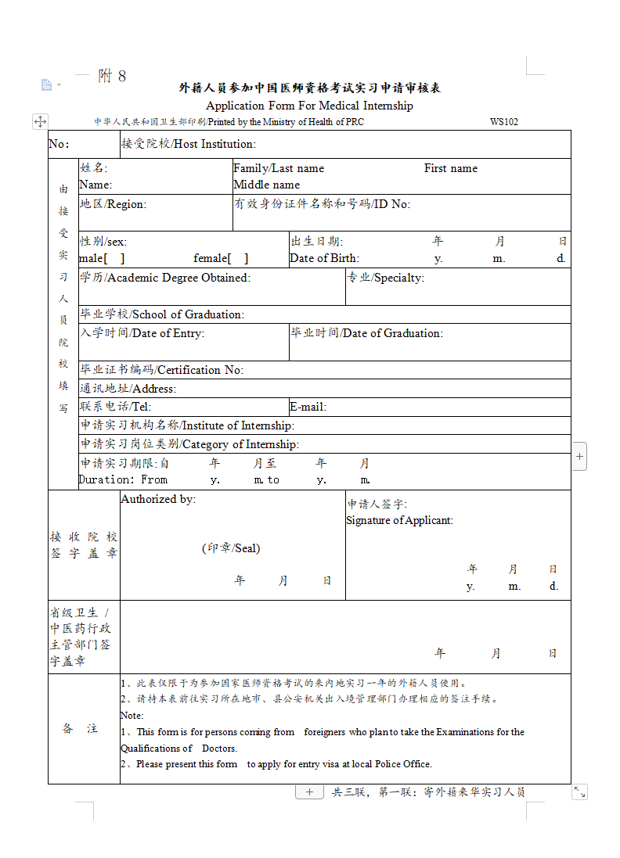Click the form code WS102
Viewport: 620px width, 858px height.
coord(503,122)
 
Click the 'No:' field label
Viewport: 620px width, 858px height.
coord(59,144)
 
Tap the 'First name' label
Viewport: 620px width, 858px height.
coord(450,168)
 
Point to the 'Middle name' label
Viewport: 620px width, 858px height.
coord(266,185)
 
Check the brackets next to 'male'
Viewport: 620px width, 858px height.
coord(114,258)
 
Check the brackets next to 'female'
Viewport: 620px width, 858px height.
coord(238,258)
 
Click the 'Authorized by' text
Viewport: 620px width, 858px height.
coord(158,499)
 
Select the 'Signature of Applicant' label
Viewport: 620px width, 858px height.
coord(399,520)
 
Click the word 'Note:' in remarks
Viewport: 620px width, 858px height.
coord(132,716)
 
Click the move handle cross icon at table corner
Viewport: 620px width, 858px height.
coord(40,121)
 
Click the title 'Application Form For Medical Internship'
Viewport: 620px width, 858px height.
coord(309,106)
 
